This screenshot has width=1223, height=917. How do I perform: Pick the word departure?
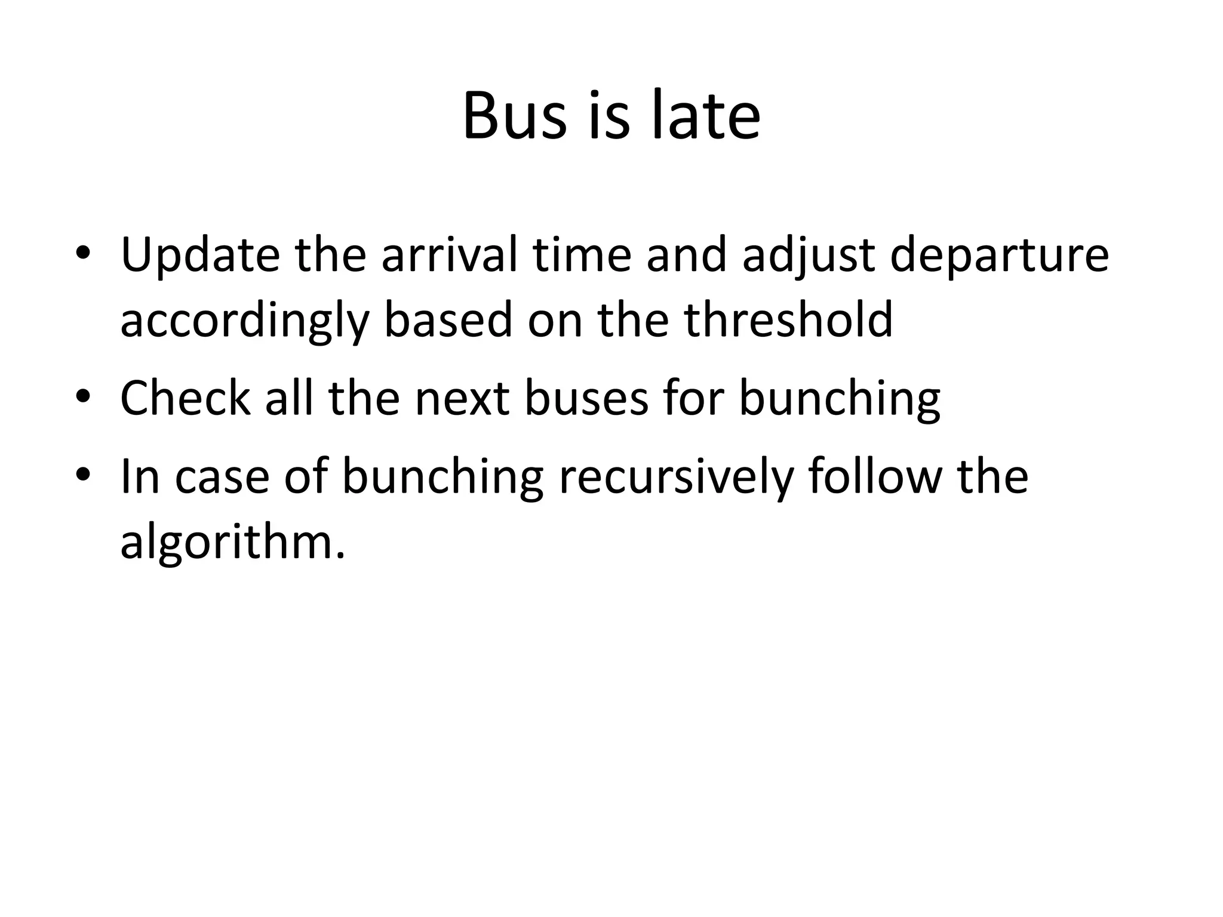(999, 256)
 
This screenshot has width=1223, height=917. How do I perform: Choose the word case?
(222, 477)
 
